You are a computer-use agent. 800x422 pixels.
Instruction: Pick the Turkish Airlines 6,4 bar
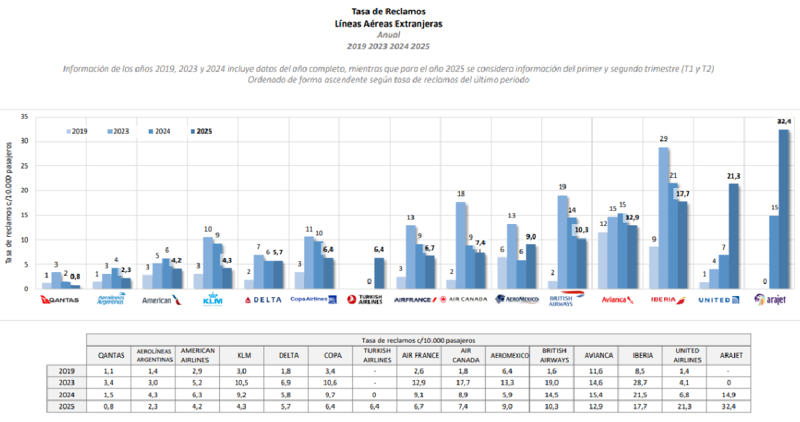[x=379, y=273]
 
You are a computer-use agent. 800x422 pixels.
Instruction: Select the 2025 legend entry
[x=201, y=131]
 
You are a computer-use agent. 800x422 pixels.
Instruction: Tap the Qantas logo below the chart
[x=60, y=300]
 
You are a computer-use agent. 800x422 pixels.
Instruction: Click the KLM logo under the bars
[x=212, y=300]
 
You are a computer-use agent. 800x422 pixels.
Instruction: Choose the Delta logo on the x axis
[x=263, y=300]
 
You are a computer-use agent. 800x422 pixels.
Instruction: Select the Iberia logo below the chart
[x=669, y=300]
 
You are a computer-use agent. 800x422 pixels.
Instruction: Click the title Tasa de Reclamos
[x=389, y=11]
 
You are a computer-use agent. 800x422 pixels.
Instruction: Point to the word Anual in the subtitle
[x=389, y=35]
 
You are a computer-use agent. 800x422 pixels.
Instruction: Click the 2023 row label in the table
[x=67, y=383]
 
